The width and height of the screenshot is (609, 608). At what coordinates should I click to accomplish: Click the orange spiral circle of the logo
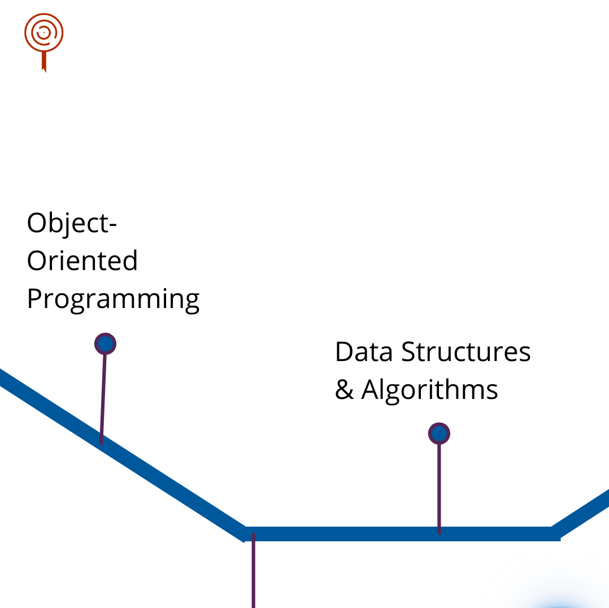(x=43, y=32)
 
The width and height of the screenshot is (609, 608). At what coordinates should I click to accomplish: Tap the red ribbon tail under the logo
(x=43, y=62)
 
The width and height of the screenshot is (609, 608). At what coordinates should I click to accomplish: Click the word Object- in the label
(x=72, y=224)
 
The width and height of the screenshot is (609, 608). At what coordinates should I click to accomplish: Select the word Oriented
(x=82, y=261)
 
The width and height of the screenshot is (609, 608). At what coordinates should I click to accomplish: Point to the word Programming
(x=113, y=299)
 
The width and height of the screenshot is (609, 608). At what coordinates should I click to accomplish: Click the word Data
(x=363, y=351)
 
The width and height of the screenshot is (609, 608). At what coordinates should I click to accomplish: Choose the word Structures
(x=466, y=351)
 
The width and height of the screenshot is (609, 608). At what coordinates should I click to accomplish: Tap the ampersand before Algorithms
(x=343, y=389)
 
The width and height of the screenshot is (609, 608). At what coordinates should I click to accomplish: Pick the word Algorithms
(x=429, y=389)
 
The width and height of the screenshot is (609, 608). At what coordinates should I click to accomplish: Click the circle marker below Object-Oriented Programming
(x=105, y=344)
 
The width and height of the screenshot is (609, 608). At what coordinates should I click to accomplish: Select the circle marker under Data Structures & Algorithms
(x=439, y=434)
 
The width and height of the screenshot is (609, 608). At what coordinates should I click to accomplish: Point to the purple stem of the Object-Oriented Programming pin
(x=103, y=396)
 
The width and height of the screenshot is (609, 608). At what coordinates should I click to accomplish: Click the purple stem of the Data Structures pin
(x=439, y=486)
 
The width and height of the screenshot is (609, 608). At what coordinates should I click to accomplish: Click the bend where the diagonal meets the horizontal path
(x=246, y=533)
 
